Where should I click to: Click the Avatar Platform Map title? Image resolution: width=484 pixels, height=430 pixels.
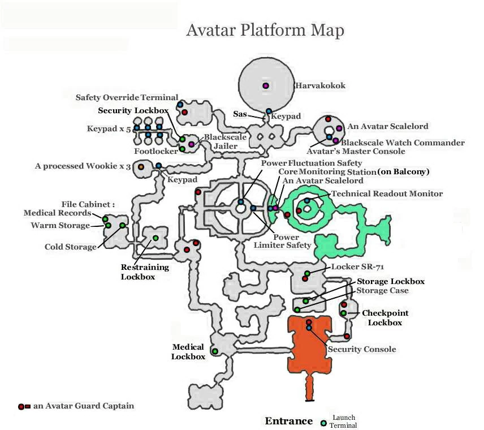tap(265, 30)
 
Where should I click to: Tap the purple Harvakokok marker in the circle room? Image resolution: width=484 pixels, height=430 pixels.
tap(265, 85)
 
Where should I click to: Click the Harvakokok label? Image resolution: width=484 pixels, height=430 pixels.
tap(320, 86)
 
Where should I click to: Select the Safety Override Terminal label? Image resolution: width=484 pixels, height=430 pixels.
tap(127, 97)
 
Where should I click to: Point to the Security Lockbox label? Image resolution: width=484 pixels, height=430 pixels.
tap(131, 110)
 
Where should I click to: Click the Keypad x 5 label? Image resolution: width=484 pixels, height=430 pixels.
tap(109, 129)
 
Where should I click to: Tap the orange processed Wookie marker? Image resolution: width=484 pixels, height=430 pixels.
tap(141, 167)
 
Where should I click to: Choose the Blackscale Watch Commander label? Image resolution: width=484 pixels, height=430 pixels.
tap(403, 143)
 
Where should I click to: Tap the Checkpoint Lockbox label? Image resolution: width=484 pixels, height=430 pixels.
tap(385, 317)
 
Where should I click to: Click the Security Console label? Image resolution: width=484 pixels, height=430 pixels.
tap(362, 349)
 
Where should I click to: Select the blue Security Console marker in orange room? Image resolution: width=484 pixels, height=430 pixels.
tap(309, 328)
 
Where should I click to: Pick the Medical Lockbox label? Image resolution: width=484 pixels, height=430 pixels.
tap(188, 352)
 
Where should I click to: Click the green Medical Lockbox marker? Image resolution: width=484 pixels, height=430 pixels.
tap(215, 351)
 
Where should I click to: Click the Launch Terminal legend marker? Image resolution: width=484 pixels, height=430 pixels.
tap(323, 423)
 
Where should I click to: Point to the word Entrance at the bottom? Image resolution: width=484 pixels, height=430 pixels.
tap(288, 421)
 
